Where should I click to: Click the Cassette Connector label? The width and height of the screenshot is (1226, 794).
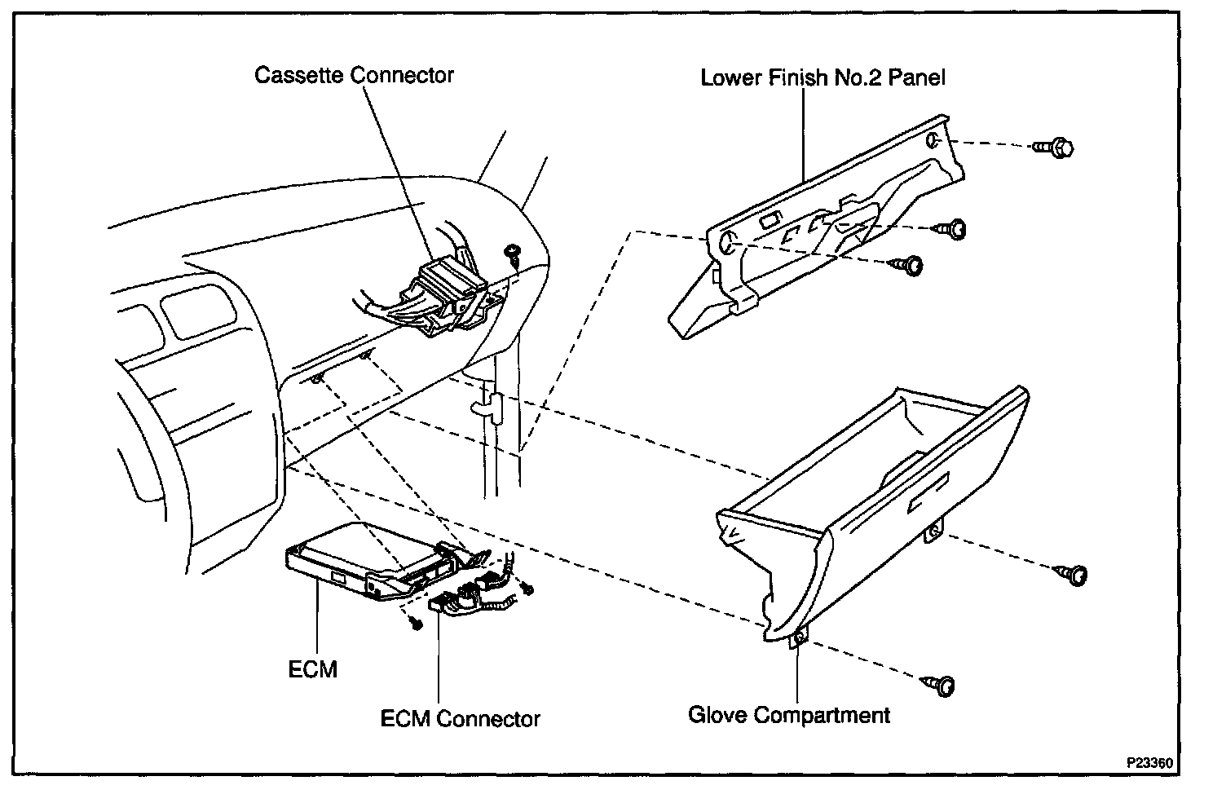click(354, 75)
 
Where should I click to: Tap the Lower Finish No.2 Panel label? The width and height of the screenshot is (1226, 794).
click(822, 77)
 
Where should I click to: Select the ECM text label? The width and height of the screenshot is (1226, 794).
click(312, 669)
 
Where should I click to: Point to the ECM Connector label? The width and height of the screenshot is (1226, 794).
click(461, 718)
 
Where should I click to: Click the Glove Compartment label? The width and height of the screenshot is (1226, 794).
click(789, 715)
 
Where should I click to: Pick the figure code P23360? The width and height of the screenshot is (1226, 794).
click(1149, 764)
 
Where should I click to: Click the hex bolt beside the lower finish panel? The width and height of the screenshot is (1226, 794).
click(1055, 148)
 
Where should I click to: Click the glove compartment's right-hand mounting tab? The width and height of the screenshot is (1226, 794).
click(933, 532)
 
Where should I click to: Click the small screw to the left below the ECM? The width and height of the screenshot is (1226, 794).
click(416, 624)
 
